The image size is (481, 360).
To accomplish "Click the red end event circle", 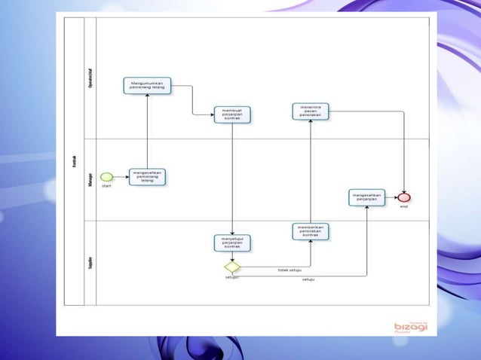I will coord(404,197).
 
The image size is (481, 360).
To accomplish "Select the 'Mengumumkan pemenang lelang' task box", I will coord(148,85).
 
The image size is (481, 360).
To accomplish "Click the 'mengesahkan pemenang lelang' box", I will coord(147,177).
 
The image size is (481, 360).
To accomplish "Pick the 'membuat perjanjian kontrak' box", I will coord(231,114).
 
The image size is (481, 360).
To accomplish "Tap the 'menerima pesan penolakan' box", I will coord(310,111).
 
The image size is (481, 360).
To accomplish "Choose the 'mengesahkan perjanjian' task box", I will coord(367,197).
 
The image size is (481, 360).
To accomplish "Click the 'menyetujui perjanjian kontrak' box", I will coord(232,243).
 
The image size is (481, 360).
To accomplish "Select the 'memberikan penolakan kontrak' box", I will coord(310,231).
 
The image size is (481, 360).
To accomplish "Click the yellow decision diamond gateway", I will coord(232,267).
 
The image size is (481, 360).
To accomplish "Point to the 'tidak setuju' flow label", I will coord(290,269).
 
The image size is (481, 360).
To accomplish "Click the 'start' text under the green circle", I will coord(106,186).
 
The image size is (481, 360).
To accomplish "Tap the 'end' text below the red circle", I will coord(404,206).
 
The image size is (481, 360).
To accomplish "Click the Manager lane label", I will coord(90,180).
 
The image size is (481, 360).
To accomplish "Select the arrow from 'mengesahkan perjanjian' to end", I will coord(391,197).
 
